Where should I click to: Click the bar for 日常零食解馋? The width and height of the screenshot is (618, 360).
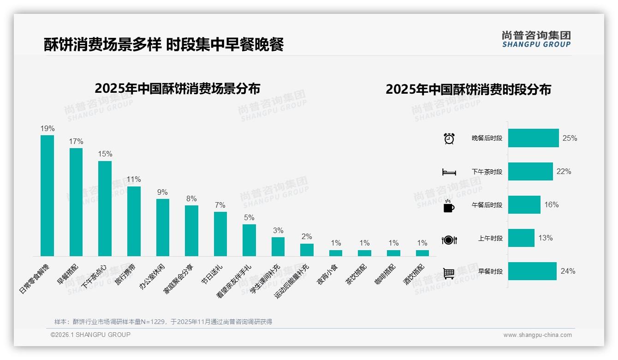click(47, 195)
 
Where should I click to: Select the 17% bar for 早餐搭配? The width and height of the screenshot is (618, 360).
click(76, 202)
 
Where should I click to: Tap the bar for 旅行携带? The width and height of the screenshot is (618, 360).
click(134, 221)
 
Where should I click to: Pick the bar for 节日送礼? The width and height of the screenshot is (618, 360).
click(220, 234)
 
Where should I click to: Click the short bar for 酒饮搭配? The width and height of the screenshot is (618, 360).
click(422, 253)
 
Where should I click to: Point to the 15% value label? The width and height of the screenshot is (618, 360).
click(105, 154)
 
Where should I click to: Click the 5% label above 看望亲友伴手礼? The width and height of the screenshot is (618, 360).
click(249, 218)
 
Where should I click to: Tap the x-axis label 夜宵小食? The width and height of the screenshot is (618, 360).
click(327, 274)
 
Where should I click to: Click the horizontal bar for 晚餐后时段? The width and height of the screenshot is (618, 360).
click(533, 138)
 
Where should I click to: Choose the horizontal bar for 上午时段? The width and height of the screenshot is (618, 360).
click(521, 238)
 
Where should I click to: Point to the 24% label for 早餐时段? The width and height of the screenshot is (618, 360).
click(568, 271)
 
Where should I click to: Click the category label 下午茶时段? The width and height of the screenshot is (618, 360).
click(487, 172)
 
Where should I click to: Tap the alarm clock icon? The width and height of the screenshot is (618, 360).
click(449, 138)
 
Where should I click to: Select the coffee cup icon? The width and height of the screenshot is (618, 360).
click(449, 205)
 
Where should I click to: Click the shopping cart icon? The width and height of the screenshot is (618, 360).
click(449, 273)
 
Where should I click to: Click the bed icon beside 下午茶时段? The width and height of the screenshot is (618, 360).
click(449, 172)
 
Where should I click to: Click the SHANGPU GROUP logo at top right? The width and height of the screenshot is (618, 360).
click(536, 39)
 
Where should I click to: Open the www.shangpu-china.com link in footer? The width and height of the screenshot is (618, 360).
click(537, 335)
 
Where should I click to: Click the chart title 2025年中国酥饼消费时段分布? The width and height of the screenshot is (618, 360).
click(468, 90)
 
